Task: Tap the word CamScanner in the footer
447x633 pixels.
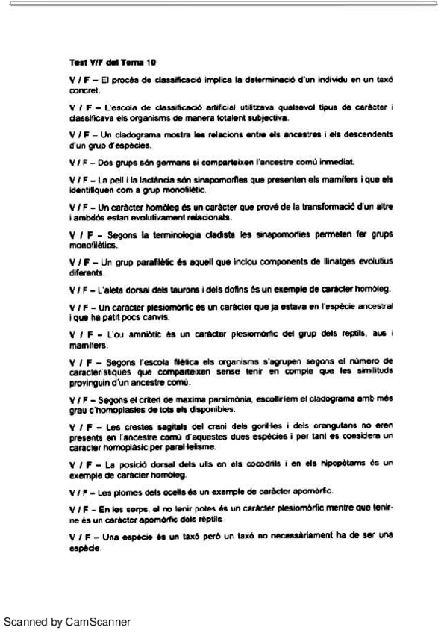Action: click(x=99, y=621)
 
